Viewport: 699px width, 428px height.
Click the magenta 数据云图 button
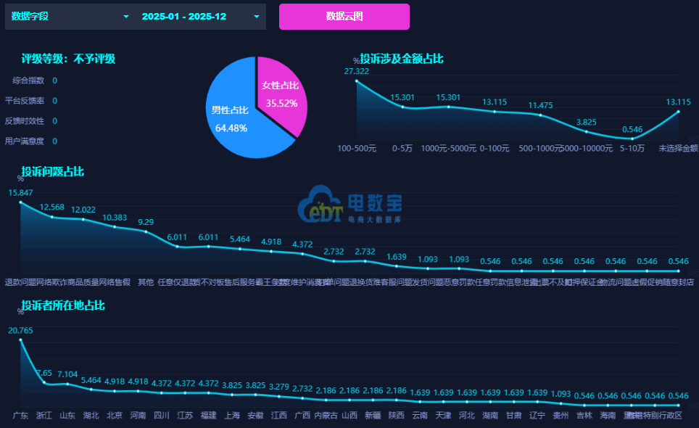pyautogui.click(x=344, y=16)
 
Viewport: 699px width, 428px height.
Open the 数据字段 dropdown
pyautogui.click(x=69, y=16)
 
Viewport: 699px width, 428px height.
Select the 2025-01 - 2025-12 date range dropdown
pyautogui.click(x=200, y=16)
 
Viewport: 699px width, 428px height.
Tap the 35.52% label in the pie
pyautogui.click(x=281, y=103)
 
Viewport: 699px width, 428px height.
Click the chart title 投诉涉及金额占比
pyautogui.click(x=402, y=59)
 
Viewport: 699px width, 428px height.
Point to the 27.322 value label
pyautogui.click(x=357, y=71)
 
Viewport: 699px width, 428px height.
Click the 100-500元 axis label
pyautogui.click(x=357, y=148)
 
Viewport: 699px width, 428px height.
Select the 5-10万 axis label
pyautogui.click(x=632, y=148)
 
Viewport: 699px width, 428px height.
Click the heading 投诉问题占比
pyautogui.click(x=52, y=172)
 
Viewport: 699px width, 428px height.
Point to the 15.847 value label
pyautogui.click(x=20, y=193)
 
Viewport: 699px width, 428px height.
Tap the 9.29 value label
pyautogui.click(x=146, y=222)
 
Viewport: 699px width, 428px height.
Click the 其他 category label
pyautogui.click(x=146, y=282)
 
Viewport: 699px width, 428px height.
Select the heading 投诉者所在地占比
pyautogui.click(x=63, y=305)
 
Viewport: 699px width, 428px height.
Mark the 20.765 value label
pyautogui.click(x=20, y=331)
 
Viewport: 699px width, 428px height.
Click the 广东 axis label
pyautogui.click(x=20, y=416)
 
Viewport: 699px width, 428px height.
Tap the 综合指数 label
pyautogui.click(x=28, y=81)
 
